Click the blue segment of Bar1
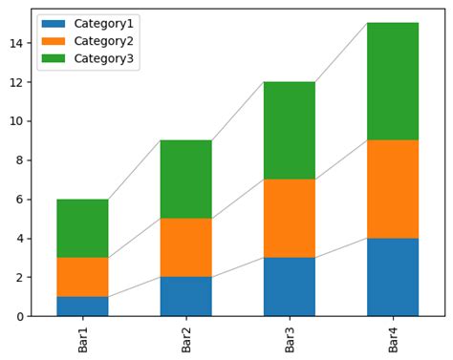click(82, 306)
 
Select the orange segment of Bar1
click(82, 277)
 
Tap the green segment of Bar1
click(82, 228)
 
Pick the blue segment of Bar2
click(185, 296)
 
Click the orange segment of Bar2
click(185, 247)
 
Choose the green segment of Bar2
click(185, 180)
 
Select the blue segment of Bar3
click(290, 286)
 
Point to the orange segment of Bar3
click(290, 218)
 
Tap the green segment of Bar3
click(290, 130)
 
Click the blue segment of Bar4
click(393, 277)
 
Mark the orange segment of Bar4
click(393, 189)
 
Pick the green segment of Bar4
click(393, 81)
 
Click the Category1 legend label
click(103, 23)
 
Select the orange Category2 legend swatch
click(54, 41)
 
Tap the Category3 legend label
click(103, 59)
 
